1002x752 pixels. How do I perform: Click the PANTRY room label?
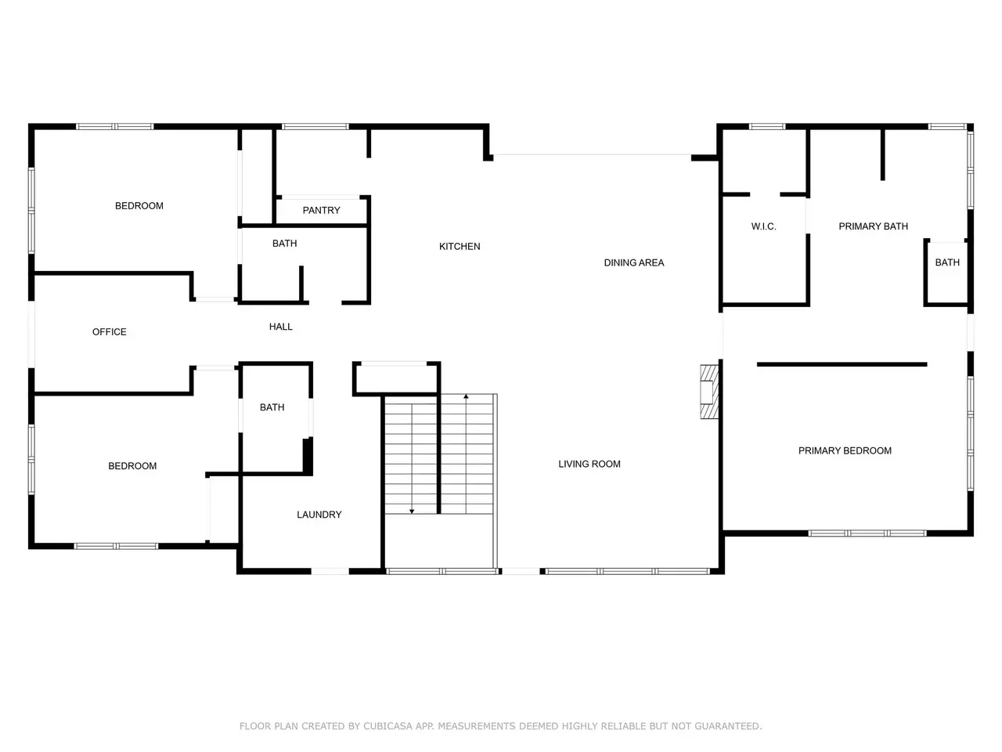[x=321, y=211]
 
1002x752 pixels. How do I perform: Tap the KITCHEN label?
[x=460, y=247]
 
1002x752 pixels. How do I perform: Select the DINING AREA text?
[x=633, y=262]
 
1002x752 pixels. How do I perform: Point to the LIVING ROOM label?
[x=589, y=464]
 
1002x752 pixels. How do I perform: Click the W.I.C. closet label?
[x=763, y=226]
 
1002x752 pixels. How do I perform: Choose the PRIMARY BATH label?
[x=873, y=226]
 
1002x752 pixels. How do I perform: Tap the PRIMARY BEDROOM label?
[x=845, y=450]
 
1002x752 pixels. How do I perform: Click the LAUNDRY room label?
[x=319, y=515]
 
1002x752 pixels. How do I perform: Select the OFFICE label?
[x=109, y=332]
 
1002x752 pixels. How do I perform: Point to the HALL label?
[x=280, y=327]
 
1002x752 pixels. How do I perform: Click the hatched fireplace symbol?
[x=709, y=392]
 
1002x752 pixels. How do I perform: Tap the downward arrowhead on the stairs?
[x=411, y=512]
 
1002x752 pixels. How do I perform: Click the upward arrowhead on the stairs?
[x=466, y=396]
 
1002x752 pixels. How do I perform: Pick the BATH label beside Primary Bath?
[x=946, y=262]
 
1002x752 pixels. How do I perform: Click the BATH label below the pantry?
[x=284, y=244]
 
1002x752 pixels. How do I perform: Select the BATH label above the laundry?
[x=272, y=407]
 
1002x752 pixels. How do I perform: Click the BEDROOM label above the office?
[x=139, y=206]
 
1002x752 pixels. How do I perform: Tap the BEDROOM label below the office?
[x=132, y=466]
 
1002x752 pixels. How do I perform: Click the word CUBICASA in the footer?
[x=387, y=726]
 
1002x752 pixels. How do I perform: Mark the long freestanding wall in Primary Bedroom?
[x=842, y=364]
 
